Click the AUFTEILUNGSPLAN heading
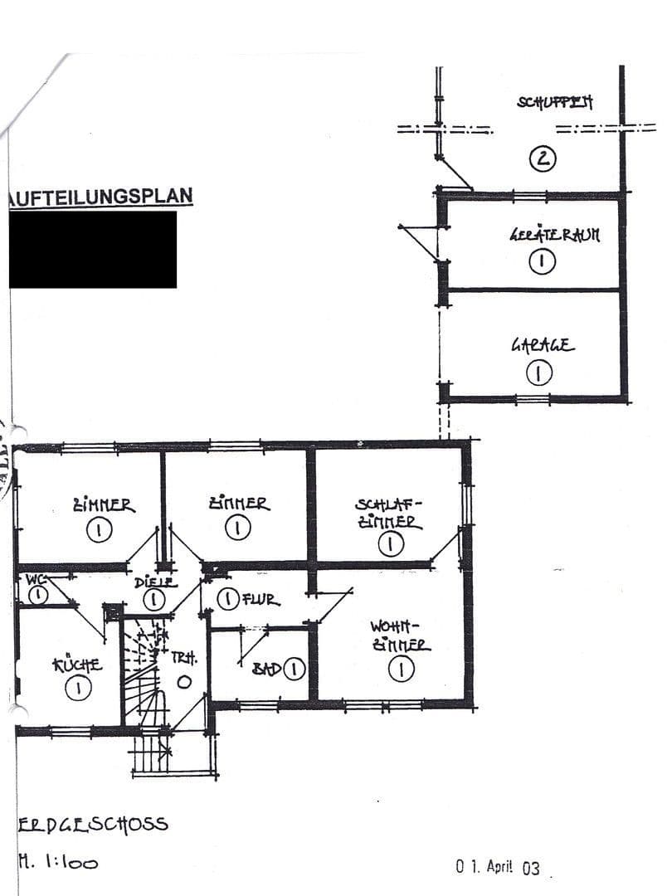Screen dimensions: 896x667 pyautogui.click(x=100, y=197)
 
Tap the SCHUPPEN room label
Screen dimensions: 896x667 pyautogui.click(x=555, y=103)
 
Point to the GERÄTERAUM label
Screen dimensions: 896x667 pyautogui.click(x=554, y=235)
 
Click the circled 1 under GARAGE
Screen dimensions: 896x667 pyautogui.click(x=540, y=374)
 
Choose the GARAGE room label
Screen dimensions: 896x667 pyautogui.click(x=542, y=345)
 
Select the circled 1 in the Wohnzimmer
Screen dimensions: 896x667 pyautogui.click(x=402, y=670)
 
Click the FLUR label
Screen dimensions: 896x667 pyautogui.click(x=260, y=599)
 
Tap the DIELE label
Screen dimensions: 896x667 pyautogui.click(x=155, y=582)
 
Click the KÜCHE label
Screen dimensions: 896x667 pyautogui.click(x=78, y=665)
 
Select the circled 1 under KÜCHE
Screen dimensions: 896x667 pyautogui.click(x=78, y=688)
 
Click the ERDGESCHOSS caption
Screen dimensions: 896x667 pyautogui.click(x=92, y=824)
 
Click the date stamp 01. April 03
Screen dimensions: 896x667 pyautogui.click(x=498, y=867)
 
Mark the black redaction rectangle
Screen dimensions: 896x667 pyautogui.click(x=93, y=250)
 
